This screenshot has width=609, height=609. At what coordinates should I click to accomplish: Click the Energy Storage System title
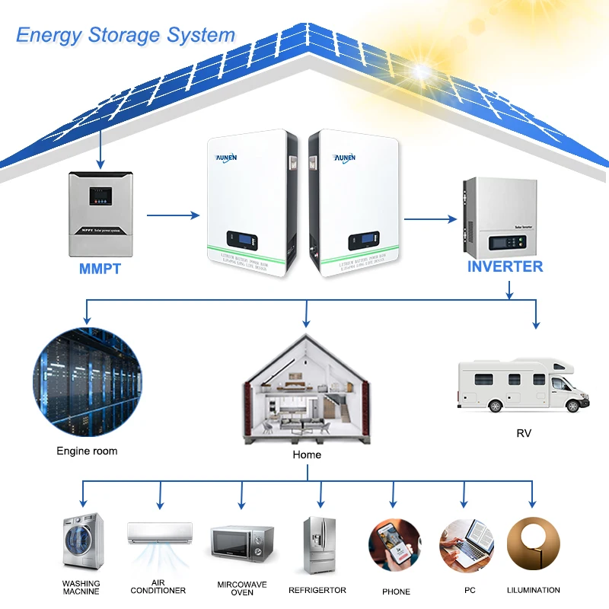(126, 35)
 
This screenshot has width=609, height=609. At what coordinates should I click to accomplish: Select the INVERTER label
(505, 266)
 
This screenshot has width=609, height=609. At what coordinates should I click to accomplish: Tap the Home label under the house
(307, 454)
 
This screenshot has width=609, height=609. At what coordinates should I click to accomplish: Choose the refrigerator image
(318, 544)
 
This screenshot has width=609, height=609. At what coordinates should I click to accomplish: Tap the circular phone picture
(395, 544)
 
